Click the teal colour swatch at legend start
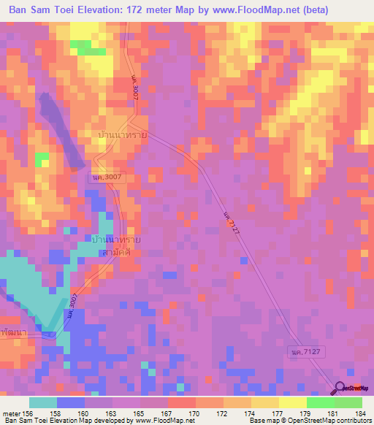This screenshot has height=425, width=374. point(42,402)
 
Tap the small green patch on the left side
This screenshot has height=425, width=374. point(42,158)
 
